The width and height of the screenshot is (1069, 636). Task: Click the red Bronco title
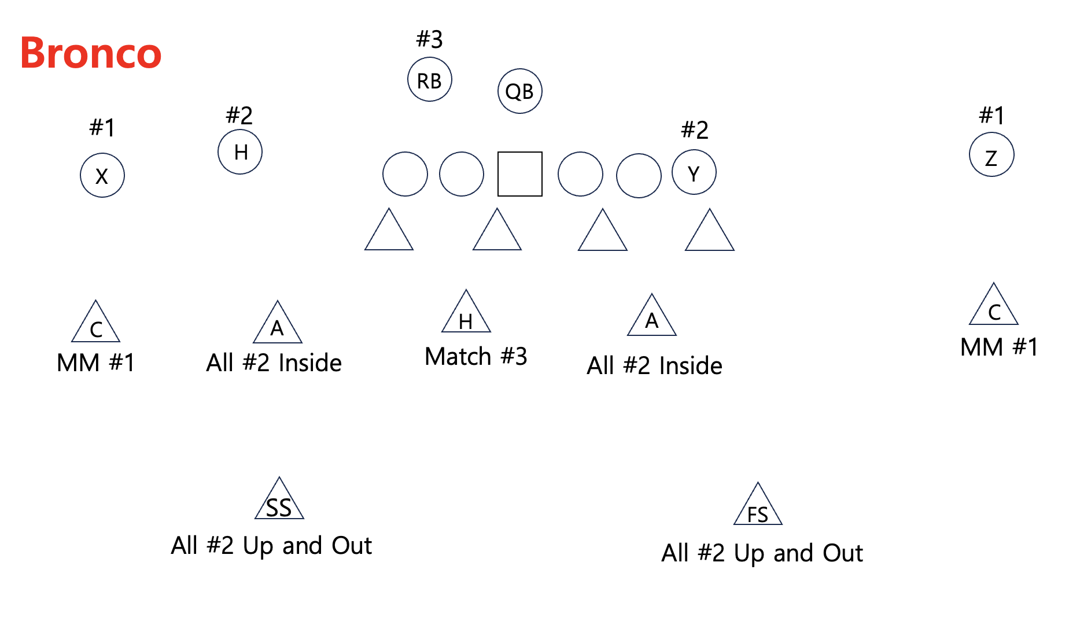pyautogui.click(x=91, y=53)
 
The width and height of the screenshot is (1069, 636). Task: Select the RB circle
pyautogui.click(x=429, y=80)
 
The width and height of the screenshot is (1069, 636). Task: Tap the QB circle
pyautogui.click(x=519, y=91)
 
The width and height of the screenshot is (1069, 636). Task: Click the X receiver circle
pyautogui.click(x=102, y=175)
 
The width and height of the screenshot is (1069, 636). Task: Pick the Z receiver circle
pyautogui.click(x=991, y=155)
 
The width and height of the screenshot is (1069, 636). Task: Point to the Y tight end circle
pyautogui.click(x=694, y=172)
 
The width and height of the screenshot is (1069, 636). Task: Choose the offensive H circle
pyautogui.click(x=240, y=152)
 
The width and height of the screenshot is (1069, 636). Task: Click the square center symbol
pyautogui.click(x=519, y=174)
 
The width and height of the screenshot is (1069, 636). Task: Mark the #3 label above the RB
pyautogui.click(x=429, y=39)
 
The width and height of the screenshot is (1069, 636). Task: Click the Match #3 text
pyautogui.click(x=475, y=356)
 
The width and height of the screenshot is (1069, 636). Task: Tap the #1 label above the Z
pyautogui.click(x=991, y=115)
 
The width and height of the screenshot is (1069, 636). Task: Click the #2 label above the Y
pyautogui.click(x=694, y=130)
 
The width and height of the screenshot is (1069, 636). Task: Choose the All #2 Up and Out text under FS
pyautogui.click(x=762, y=553)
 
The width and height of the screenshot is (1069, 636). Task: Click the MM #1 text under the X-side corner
pyautogui.click(x=95, y=363)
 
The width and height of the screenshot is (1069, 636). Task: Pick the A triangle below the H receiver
pyautogui.click(x=278, y=326)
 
